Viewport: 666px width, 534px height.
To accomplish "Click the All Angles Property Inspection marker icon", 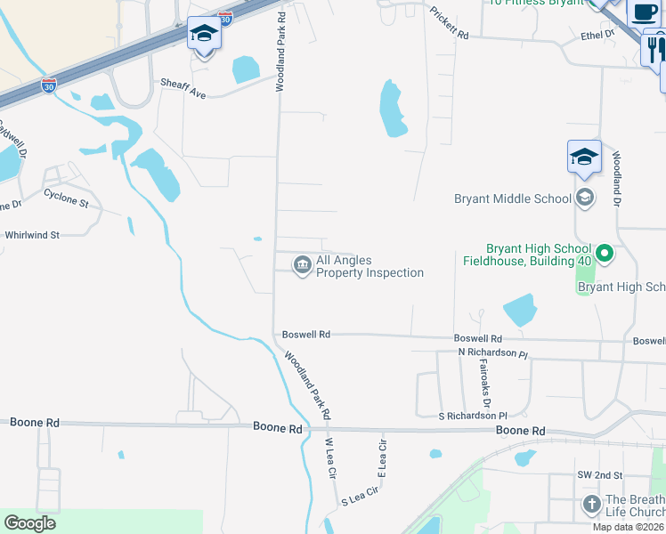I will tap(303, 264).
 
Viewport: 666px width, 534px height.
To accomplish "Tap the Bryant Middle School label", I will tap(512, 198).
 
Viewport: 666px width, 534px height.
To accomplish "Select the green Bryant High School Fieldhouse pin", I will tap(605, 255).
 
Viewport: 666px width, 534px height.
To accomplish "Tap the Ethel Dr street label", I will tap(597, 34).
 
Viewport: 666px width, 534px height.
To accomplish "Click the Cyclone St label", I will tap(67, 197).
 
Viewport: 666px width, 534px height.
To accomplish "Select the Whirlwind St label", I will tap(31, 235).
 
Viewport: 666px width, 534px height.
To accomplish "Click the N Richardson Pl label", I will tap(493, 352).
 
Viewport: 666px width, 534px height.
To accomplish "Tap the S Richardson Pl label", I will tap(473, 416).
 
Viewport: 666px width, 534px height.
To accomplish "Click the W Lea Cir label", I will tap(329, 458).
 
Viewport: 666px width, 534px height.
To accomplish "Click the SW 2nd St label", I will tap(598, 476).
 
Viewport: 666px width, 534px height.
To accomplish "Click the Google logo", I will tap(29, 523).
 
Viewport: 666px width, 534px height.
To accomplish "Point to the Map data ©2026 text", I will tap(629, 527).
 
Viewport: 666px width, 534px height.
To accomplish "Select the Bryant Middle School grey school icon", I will tap(585, 198).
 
